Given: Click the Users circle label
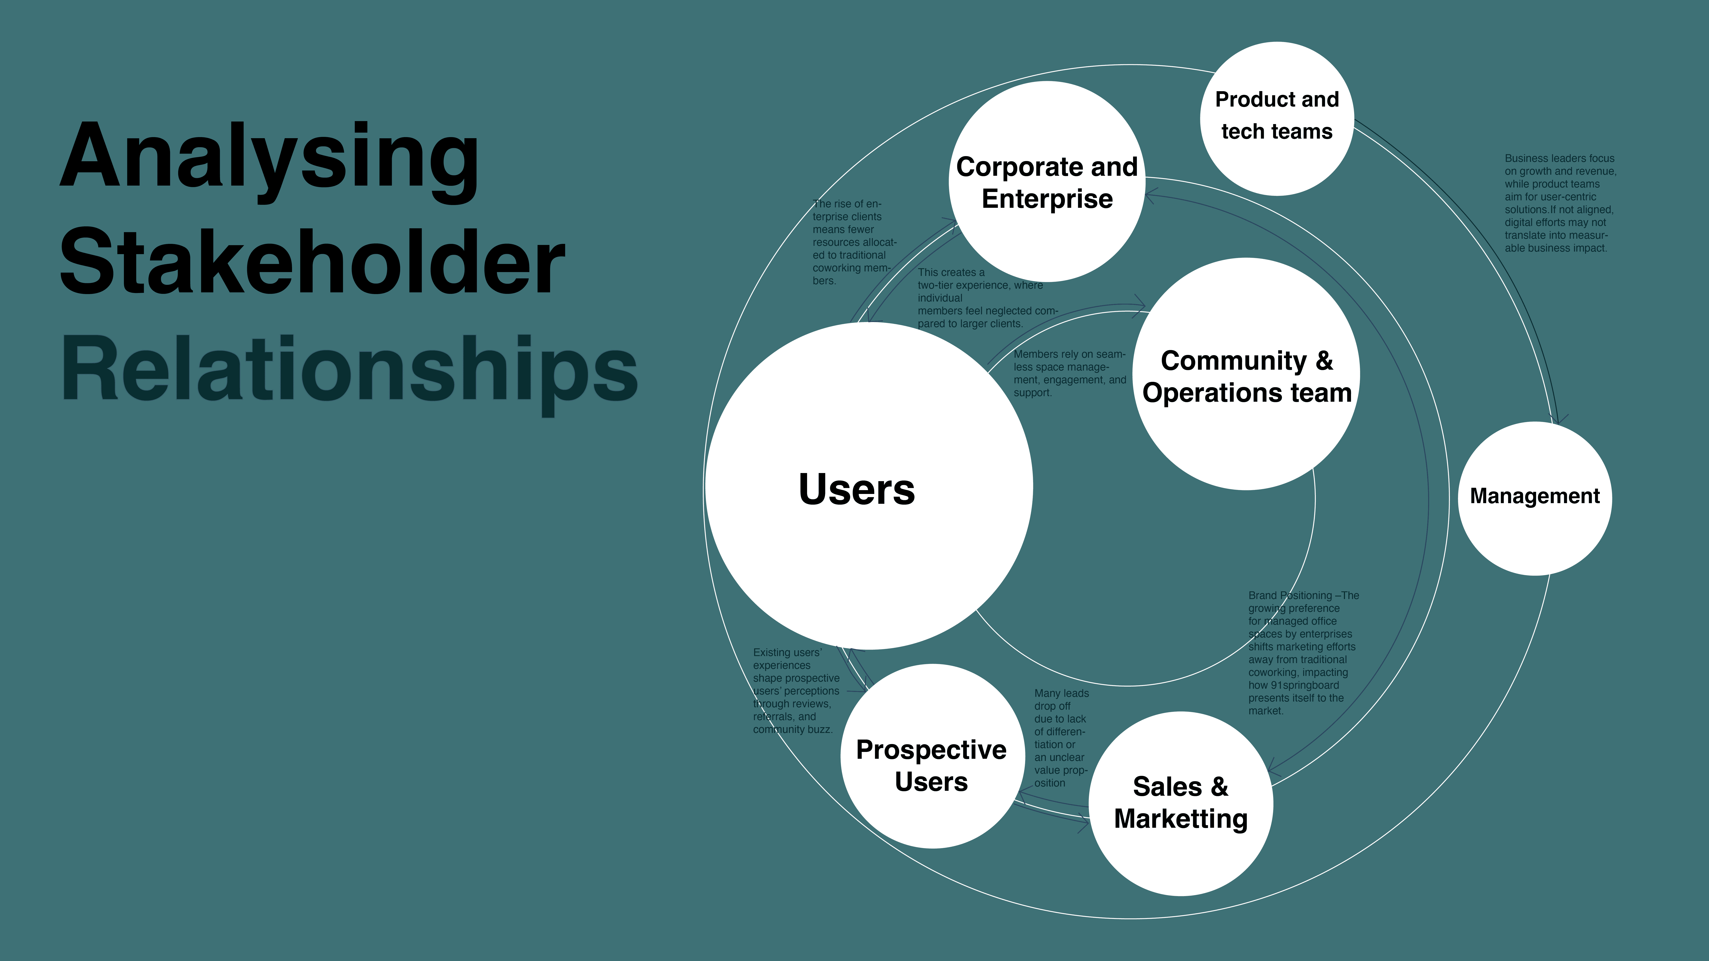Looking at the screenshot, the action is click(856, 489).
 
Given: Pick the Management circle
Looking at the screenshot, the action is click(1534, 497).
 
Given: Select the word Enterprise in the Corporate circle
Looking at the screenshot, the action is click(1047, 199).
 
